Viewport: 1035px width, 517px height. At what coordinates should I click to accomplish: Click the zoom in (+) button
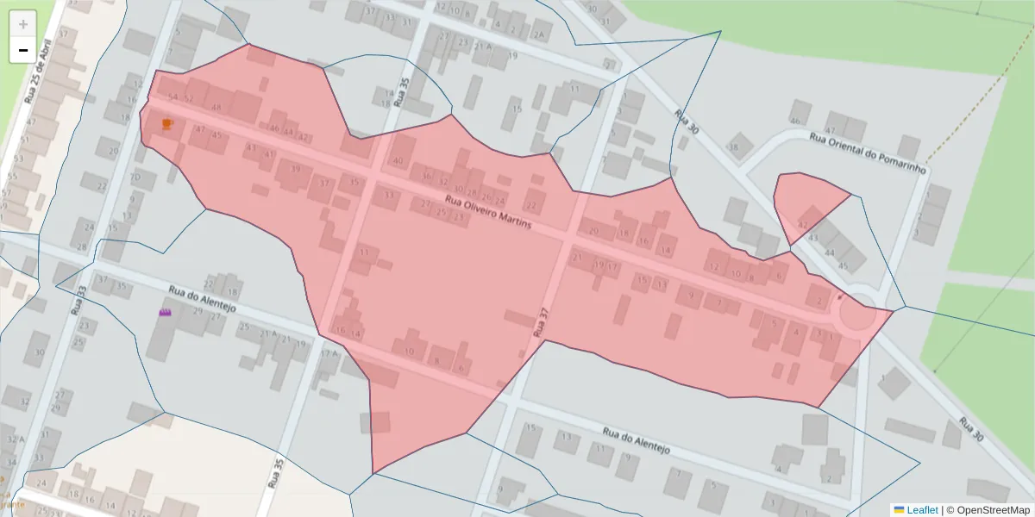[23, 23]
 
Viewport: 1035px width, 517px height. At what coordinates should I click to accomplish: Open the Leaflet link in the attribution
[922, 510]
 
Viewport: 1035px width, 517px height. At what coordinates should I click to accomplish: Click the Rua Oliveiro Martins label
[487, 213]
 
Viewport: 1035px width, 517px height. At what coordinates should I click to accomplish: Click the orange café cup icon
[167, 124]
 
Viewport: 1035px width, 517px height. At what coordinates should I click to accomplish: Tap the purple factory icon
[166, 312]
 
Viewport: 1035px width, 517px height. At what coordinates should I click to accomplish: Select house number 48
[216, 108]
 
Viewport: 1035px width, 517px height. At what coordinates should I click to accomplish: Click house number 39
[296, 169]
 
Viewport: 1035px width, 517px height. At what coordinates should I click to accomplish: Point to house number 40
[398, 161]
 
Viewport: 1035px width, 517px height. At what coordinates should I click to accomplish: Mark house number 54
[172, 97]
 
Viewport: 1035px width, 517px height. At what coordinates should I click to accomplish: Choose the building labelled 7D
[135, 178]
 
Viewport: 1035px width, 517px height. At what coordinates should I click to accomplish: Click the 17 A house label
[329, 353]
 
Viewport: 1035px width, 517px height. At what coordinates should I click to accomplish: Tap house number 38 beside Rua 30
[734, 147]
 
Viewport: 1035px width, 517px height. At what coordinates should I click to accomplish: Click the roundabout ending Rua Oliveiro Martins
[856, 314]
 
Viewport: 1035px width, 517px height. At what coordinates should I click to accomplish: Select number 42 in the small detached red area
[802, 224]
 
